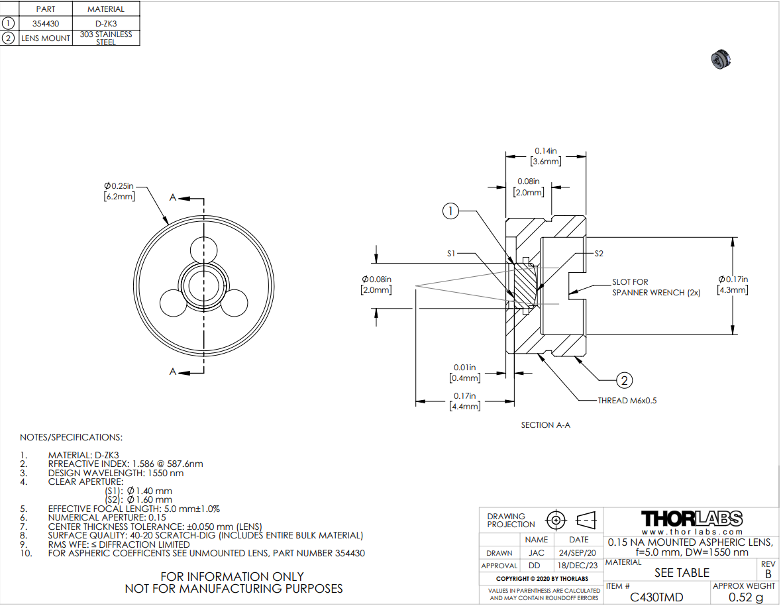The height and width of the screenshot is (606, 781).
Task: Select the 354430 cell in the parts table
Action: pyautogui.click(x=46, y=23)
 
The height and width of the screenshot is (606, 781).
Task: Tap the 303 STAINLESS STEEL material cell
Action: pyautogui.click(x=106, y=38)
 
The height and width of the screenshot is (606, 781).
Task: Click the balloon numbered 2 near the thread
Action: pyautogui.click(x=624, y=380)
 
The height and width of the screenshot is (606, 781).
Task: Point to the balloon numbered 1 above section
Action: pyautogui.click(x=450, y=211)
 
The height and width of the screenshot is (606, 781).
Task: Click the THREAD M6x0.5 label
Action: pyautogui.click(x=627, y=401)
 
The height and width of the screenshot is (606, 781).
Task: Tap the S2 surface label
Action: pyautogui.click(x=599, y=253)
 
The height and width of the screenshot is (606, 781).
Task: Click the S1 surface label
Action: pyautogui.click(x=450, y=253)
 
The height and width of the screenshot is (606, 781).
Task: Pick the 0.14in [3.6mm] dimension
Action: pyautogui.click(x=545, y=156)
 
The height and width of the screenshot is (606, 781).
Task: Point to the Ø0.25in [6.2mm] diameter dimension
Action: pyautogui.click(x=119, y=192)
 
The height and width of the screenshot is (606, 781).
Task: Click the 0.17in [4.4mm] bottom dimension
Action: pyautogui.click(x=464, y=401)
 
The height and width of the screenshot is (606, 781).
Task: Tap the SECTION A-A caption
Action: pyautogui.click(x=545, y=425)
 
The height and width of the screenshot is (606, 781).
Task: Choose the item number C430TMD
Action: pyautogui.click(x=656, y=597)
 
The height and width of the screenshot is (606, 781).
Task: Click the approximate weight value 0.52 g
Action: pyautogui.click(x=745, y=597)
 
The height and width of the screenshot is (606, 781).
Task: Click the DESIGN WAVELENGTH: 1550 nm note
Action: pyautogui.click(x=116, y=473)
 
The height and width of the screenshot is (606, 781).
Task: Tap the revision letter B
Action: pyautogui.click(x=768, y=574)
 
